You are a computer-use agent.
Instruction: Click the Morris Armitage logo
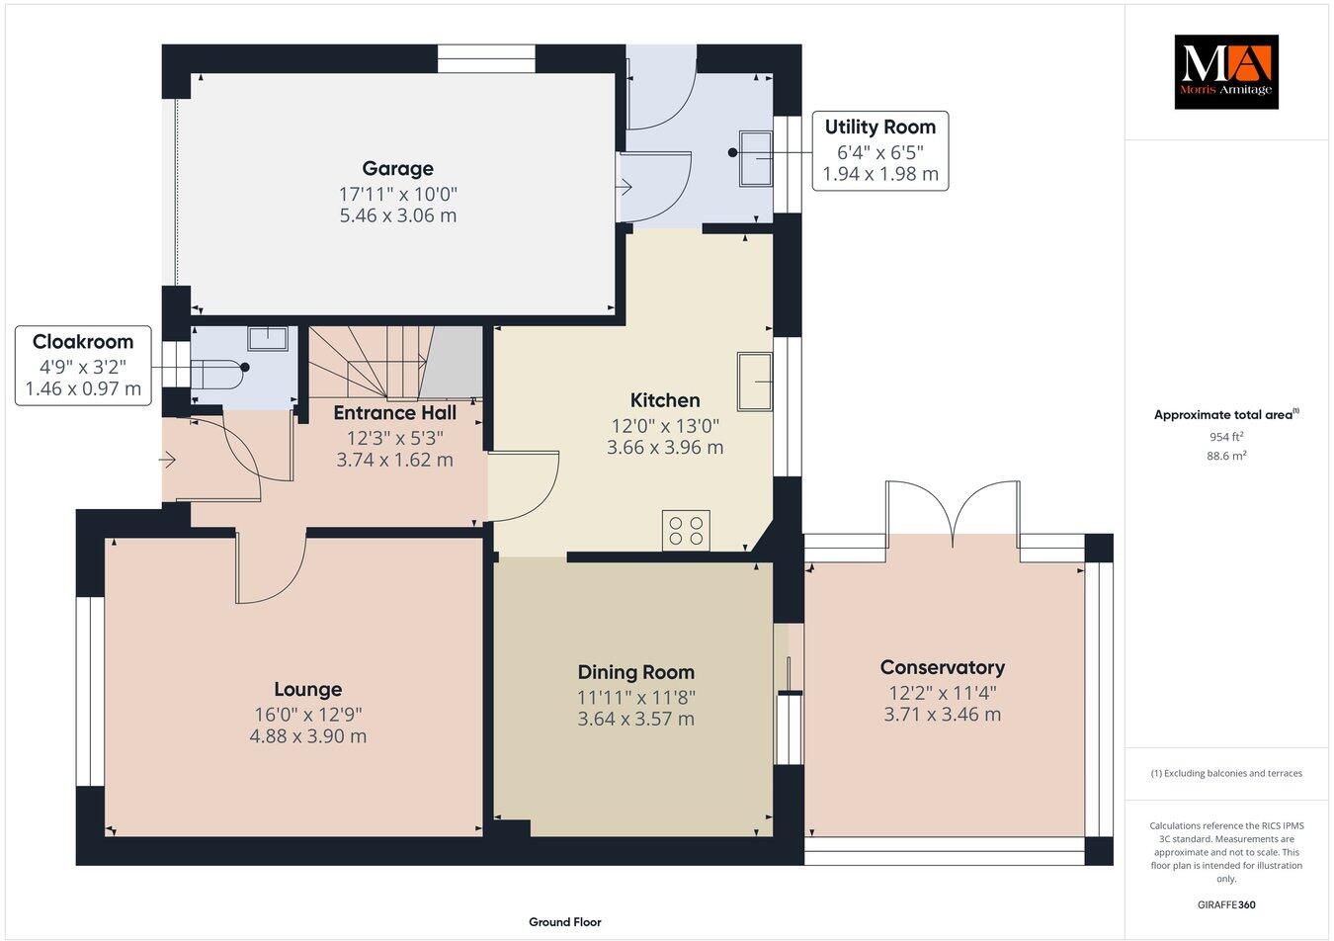tap(1225, 71)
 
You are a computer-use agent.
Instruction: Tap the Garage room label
tap(397, 168)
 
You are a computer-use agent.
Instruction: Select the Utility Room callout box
tap(879, 151)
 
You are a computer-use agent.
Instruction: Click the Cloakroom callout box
tap(83, 366)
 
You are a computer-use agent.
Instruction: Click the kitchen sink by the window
tap(754, 380)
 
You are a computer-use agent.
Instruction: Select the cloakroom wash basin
tap(268, 337)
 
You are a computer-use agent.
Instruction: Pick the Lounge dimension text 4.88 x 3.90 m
tap(308, 736)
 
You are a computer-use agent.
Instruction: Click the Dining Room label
tap(635, 672)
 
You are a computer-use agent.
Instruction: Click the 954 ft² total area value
tap(1226, 436)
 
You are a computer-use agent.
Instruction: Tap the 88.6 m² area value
tap(1226, 456)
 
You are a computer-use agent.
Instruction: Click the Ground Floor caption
tap(564, 921)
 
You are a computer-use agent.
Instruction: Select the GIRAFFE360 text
tap(1225, 903)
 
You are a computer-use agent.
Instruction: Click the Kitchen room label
tap(665, 400)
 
